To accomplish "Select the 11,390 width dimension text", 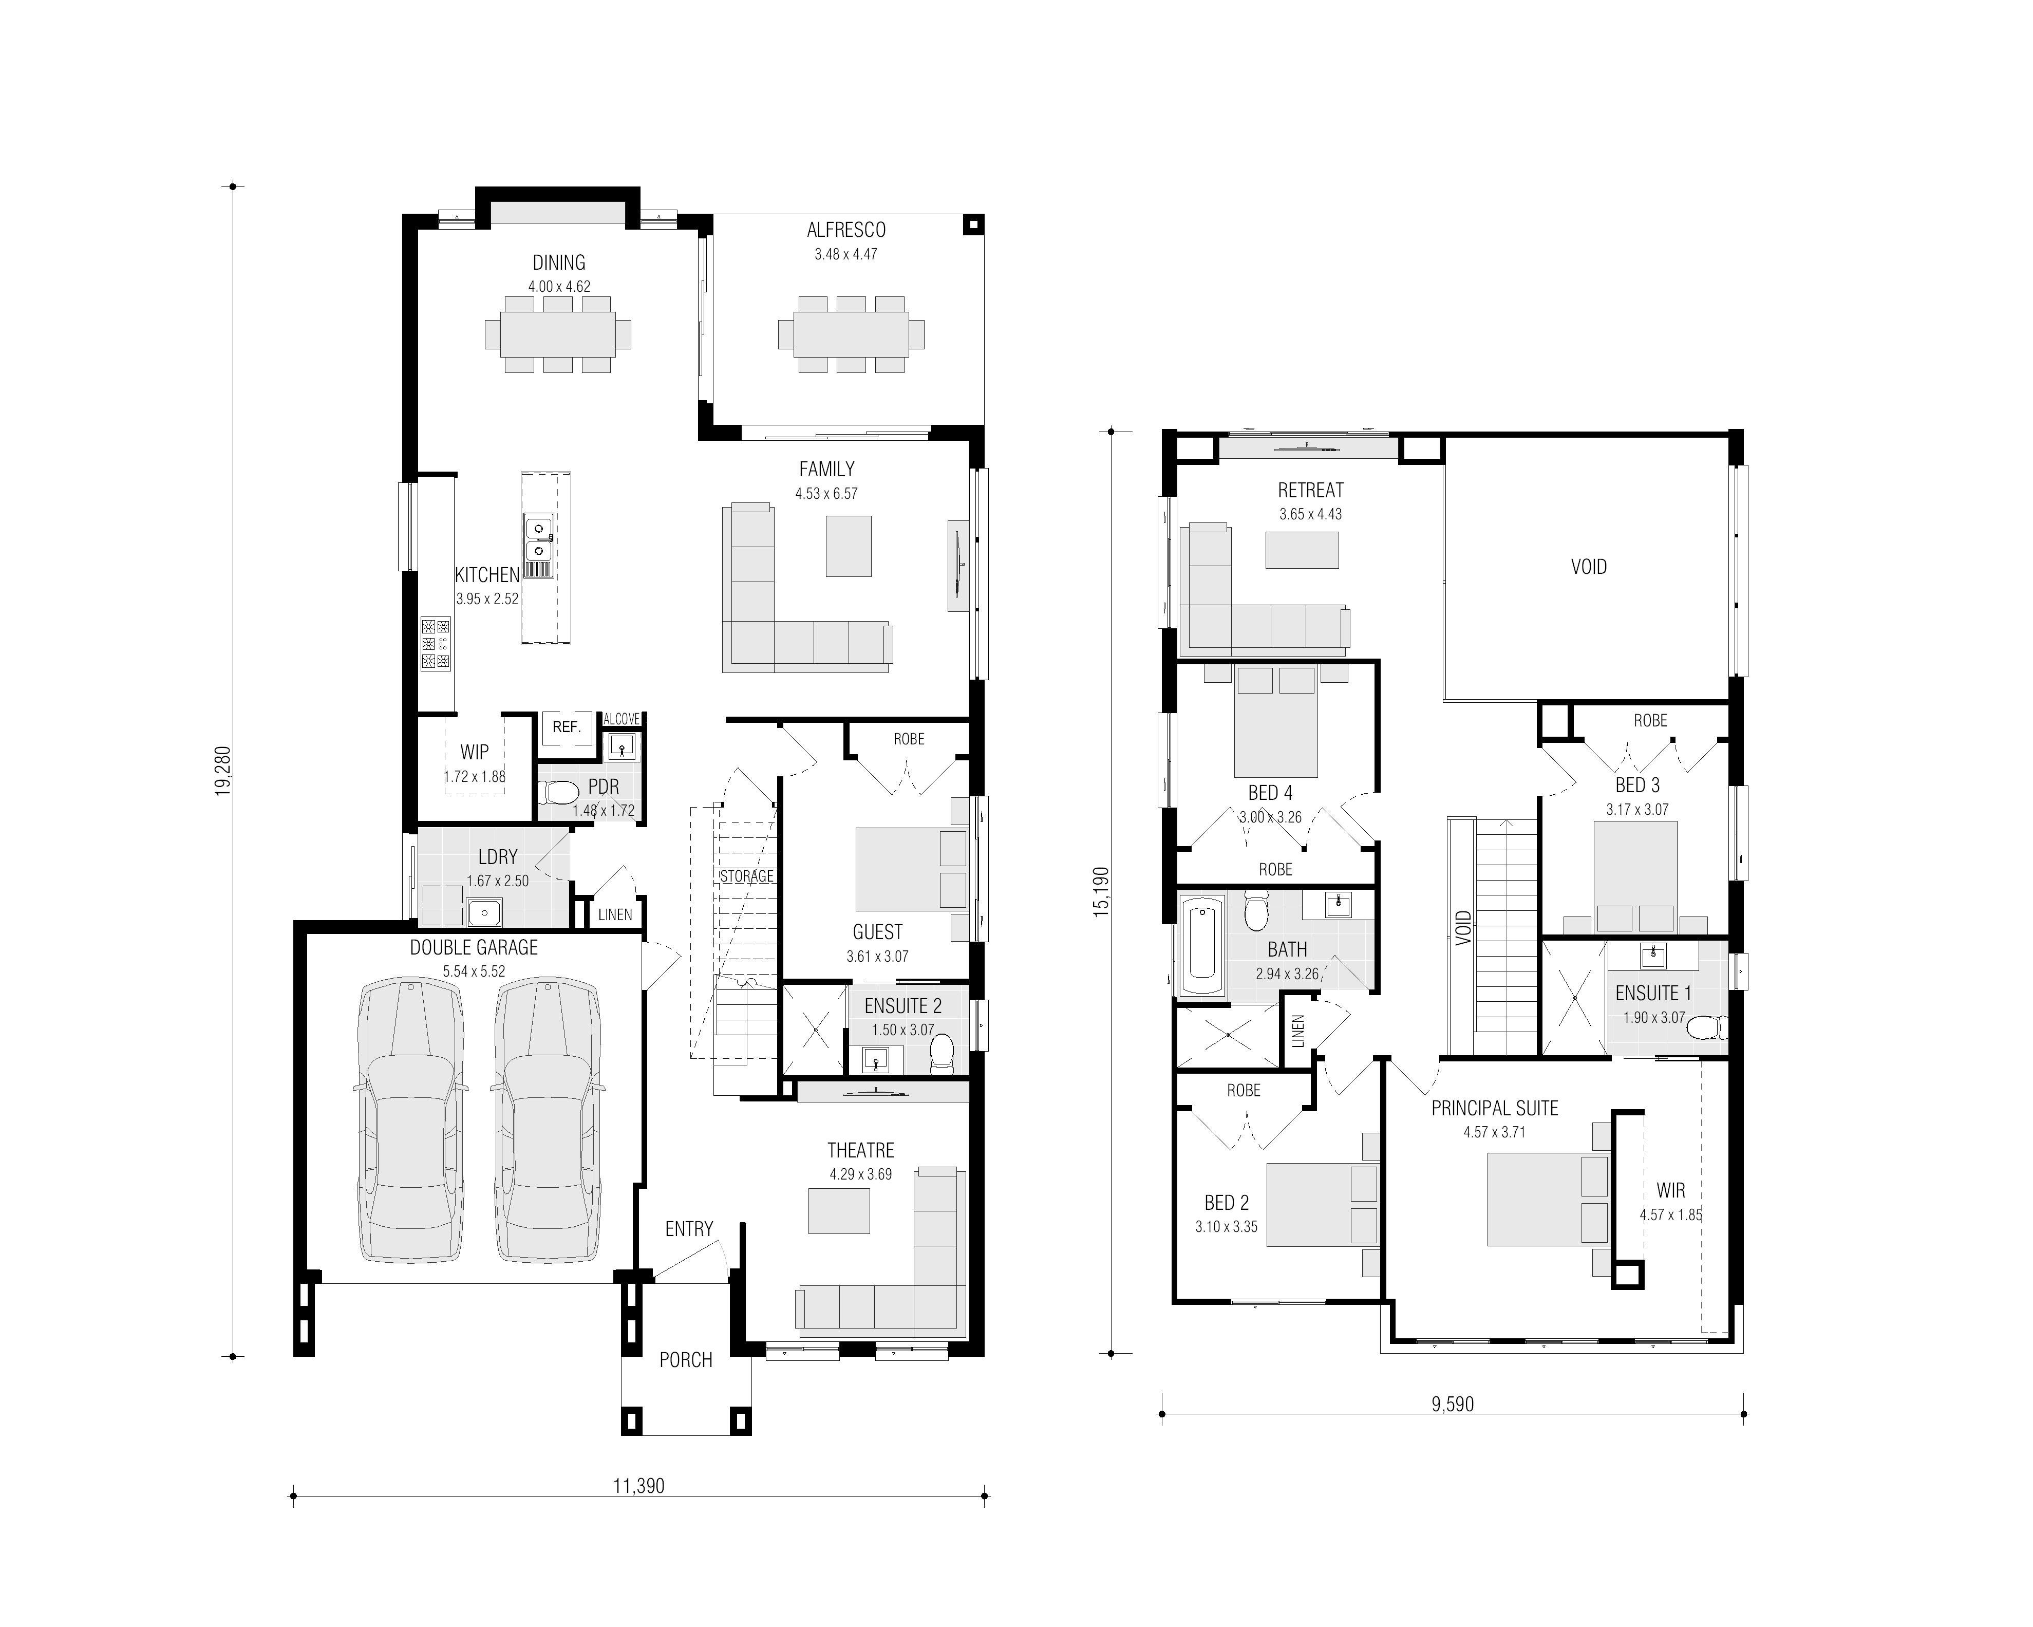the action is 639,1486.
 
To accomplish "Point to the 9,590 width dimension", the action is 1452,1405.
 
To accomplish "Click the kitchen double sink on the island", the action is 538,537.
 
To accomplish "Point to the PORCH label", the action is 686,1360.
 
